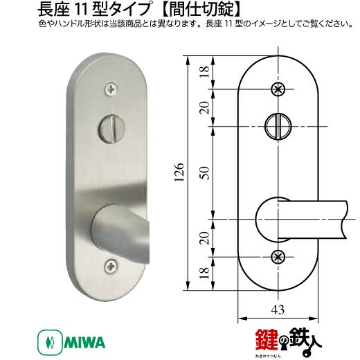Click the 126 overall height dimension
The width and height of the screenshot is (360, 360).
pyautogui.click(x=179, y=172)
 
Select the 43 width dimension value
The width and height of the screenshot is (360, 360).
pyautogui.click(x=278, y=309)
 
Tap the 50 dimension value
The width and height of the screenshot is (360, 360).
pyautogui.click(x=204, y=172)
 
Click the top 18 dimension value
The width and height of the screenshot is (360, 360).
pyautogui.click(x=204, y=71)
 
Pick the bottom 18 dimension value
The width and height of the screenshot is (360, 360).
pyautogui.click(x=204, y=273)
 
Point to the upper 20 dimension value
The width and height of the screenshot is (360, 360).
pyautogui.click(x=204, y=107)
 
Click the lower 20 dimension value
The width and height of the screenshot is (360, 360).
pyautogui.click(x=204, y=238)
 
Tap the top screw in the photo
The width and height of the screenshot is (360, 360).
pyautogui.click(x=111, y=89)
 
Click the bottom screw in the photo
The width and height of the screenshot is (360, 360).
pyautogui.click(x=111, y=267)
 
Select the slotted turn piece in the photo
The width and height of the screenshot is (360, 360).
pyautogui.click(x=112, y=129)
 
